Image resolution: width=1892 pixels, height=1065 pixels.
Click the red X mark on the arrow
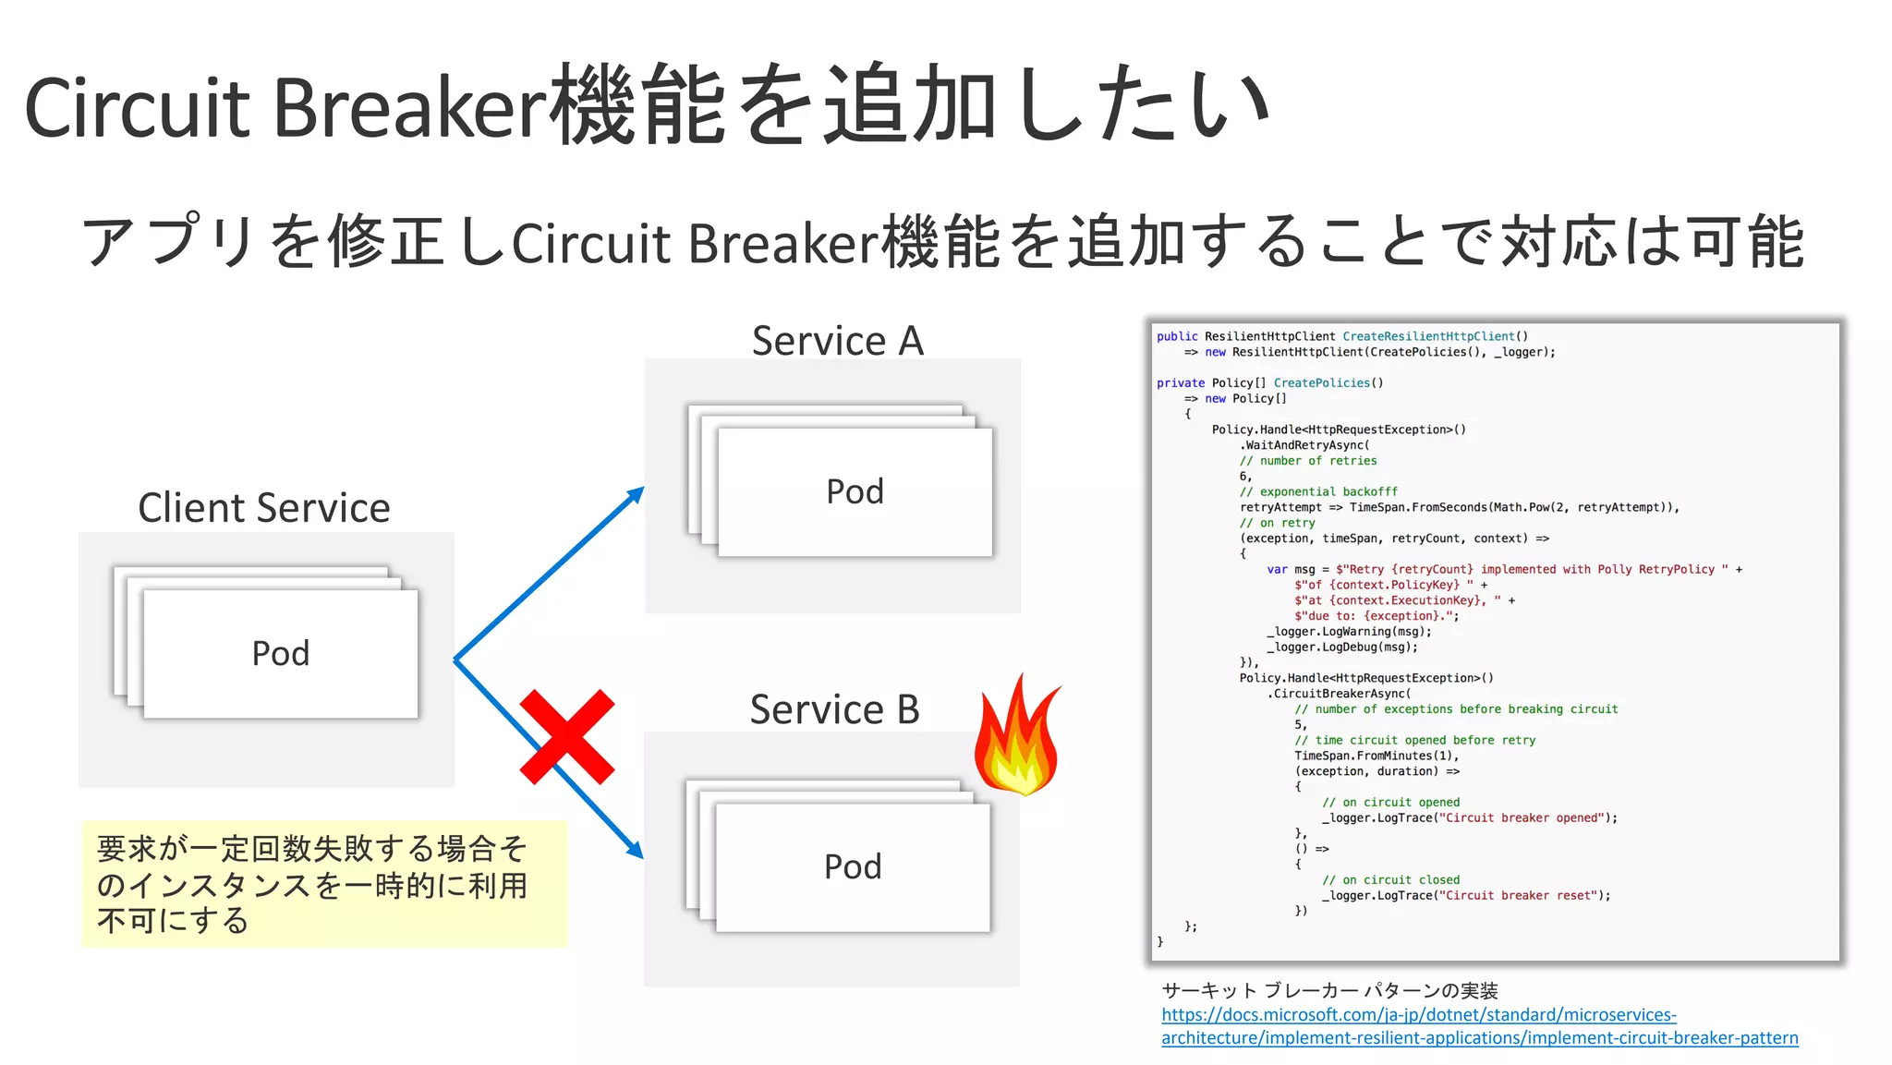coord(566,737)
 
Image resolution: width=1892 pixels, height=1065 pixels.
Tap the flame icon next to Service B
coord(1017,739)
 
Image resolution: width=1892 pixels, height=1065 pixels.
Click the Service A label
coord(837,341)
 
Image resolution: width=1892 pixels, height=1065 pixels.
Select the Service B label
coord(834,709)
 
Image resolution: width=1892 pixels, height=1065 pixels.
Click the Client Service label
coord(264,508)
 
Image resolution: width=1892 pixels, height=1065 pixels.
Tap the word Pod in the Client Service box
coord(281,654)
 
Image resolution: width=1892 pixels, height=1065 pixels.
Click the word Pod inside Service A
coord(855,491)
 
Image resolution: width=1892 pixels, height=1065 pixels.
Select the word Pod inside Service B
coord(853,866)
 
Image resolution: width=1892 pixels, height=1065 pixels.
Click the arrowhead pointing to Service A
coord(635,495)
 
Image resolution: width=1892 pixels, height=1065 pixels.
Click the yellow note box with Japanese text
coord(323,884)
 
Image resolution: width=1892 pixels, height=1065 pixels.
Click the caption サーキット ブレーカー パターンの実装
coord(1329,991)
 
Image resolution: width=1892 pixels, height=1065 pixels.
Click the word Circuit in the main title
coord(137,108)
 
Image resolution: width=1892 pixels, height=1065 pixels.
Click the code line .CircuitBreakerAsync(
coord(1339,694)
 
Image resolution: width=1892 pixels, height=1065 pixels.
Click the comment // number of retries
coord(1308,461)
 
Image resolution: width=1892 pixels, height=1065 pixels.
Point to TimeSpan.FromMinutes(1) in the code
coord(1375,756)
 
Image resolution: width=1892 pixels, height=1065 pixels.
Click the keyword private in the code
coord(1180,383)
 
